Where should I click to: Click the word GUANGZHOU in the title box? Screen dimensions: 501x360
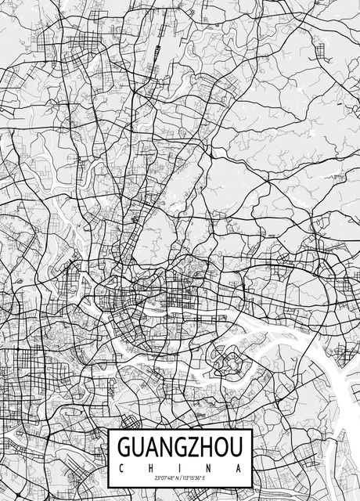click(180, 447)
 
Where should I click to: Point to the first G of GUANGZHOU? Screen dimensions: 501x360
click(124, 447)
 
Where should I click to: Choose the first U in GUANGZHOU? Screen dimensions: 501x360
click(139, 447)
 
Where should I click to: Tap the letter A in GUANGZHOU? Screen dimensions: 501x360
click(153, 447)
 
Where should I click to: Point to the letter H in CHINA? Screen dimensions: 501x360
click(151, 467)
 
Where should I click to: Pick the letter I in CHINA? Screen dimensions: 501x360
click(181, 467)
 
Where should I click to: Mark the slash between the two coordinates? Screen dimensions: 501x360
click(180, 478)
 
